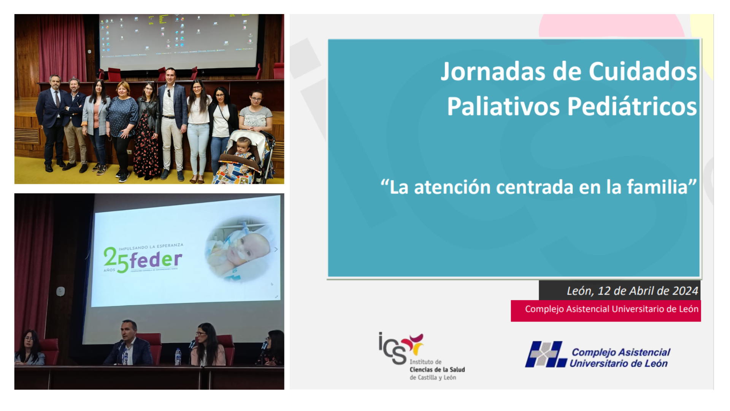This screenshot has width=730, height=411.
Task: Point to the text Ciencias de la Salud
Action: pos(437,370)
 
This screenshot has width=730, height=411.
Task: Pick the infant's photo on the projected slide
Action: pos(240,249)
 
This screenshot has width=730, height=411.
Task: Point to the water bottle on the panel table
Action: pos(178,357)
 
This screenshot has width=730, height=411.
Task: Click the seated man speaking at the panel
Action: pos(129,344)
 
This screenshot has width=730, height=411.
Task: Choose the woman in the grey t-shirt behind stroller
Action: pos(255,110)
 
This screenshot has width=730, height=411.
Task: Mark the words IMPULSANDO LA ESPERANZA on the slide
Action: pos(151,247)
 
